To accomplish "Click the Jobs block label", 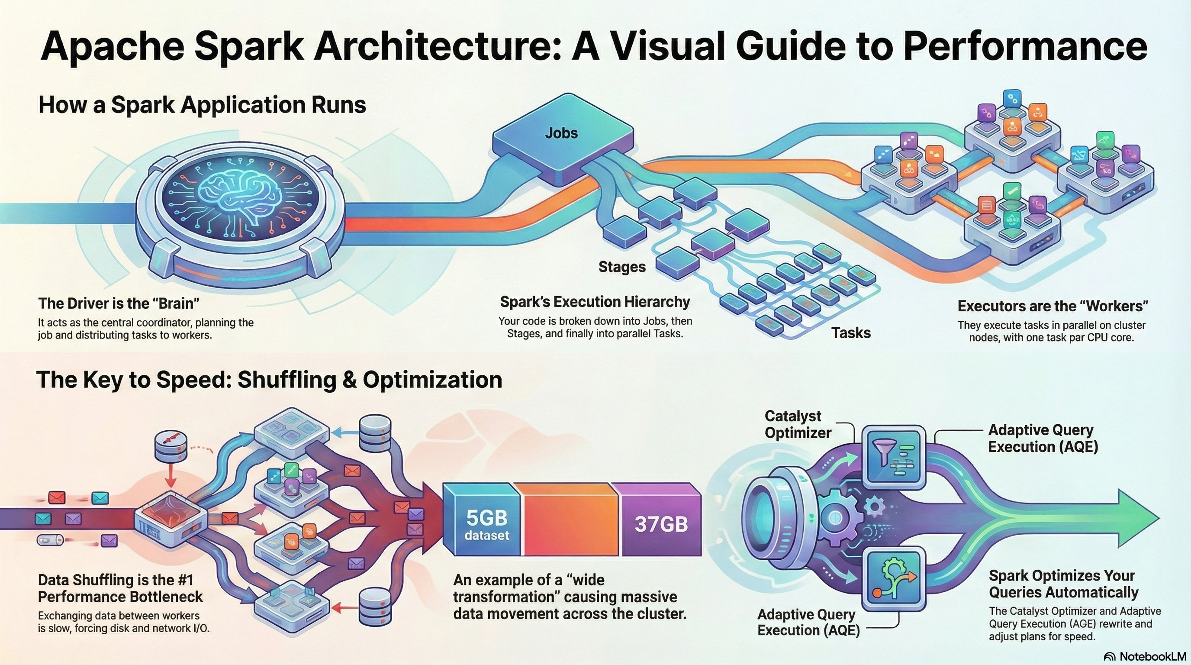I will click(x=561, y=133).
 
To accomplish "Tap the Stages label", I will click(x=622, y=267).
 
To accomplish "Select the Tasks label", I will click(x=851, y=333).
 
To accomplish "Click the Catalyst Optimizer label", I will click(x=798, y=424).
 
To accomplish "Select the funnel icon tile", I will click(x=893, y=455).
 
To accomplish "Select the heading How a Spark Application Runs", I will click(x=202, y=105).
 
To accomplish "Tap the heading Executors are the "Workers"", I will click(x=1053, y=306).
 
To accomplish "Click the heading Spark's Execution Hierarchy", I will click(x=595, y=302).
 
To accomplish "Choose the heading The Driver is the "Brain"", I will click(x=119, y=303).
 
